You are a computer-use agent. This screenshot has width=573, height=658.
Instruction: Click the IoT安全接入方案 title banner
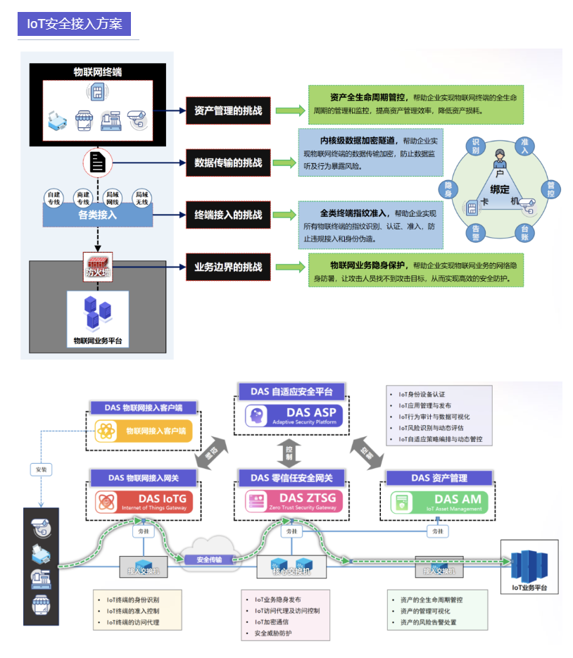pyautogui.click(x=74, y=24)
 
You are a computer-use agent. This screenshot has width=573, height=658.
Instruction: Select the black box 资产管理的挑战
pyautogui.click(x=228, y=110)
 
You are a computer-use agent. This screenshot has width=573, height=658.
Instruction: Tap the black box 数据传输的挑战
pyautogui.click(x=228, y=163)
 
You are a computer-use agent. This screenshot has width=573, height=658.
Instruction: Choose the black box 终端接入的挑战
pyautogui.click(x=228, y=215)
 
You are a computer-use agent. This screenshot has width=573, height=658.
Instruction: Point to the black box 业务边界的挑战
pyautogui.click(x=228, y=267)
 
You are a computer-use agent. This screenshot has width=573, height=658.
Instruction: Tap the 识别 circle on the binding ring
pyautogui.click(x=476, y=146)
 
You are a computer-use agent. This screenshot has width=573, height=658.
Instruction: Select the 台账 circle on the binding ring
pyautogui.click(x=524, y=233)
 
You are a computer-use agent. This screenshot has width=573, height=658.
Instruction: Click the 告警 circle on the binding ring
pyautogui.click(x=476, y=233)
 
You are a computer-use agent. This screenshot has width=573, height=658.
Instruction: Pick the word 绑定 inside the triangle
pyautogui.click(x=500, y=189)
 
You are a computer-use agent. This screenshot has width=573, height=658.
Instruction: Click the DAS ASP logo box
pyautogui.click(x=289, y=417)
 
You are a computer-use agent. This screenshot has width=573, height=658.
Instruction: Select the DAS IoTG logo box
pyautogui.click(x=144, y=502)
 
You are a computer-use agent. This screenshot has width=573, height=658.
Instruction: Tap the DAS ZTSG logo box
pyautogui.click(x=289, y=502)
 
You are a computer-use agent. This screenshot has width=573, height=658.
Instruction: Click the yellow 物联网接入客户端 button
pyautogui.click(x=144, y=431)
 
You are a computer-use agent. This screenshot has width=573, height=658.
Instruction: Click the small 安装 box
pyautogui.click(x=41, y=468)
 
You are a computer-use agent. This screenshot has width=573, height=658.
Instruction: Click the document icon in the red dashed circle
pyautogui.click(x=97, y=163)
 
